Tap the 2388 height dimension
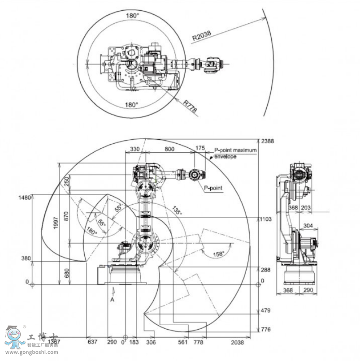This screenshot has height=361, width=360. pyautogui.click(x=268, y=141)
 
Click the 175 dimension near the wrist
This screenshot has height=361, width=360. pyautogui.click(x=200, y=148)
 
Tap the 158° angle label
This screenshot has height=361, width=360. pyautogui.click(x=218, y=254)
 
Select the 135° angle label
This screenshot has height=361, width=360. pyautogui.click(x=177, y=210)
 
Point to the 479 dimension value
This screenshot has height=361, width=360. pyautogui.click(x=266, y=310)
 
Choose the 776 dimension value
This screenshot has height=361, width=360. pyautogui.click(x=266, y=330)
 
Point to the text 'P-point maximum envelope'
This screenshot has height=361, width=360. pyautogui.click(x=235, y=154)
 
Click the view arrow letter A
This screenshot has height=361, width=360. pyautogui.click(x=113, y=300)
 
